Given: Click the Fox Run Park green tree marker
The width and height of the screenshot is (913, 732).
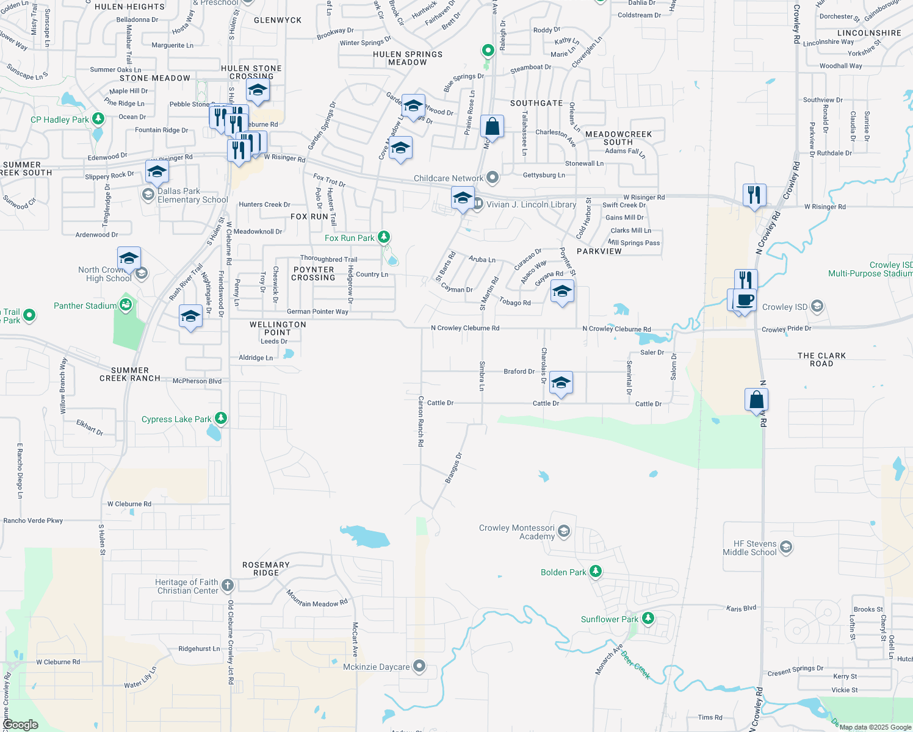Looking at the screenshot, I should (384, 237).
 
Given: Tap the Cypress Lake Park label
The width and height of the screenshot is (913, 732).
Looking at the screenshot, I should (176, 420).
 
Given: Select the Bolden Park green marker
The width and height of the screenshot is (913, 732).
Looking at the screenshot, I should (596, 572).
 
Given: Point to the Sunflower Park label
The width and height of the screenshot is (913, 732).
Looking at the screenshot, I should (609, 619).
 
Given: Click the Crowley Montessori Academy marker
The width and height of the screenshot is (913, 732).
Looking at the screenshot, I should (564, 531).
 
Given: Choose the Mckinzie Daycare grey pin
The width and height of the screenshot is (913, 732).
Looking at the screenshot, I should (419, 666).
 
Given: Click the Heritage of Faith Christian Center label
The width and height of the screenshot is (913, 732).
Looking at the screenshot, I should (187, 586).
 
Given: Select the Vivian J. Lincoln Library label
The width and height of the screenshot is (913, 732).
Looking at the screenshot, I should (531, 204).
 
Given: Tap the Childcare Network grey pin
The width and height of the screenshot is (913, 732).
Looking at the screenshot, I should (493, 178).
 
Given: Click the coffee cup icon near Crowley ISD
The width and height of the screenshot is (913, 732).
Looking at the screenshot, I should (745, 301).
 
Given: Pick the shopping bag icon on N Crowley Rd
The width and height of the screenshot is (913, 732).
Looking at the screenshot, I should (756, 400).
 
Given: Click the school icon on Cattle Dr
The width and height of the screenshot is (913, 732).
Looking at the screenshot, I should (561, 383).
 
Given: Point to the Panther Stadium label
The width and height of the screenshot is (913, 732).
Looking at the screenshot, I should (85, 306).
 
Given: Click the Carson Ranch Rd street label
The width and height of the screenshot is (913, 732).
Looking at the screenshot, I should (420, 421).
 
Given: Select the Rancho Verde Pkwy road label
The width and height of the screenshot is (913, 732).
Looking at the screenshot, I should (33, 520).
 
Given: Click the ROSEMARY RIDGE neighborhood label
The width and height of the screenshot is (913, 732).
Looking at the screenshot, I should (266, 569).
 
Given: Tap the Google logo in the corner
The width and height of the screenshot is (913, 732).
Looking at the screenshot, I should (20, 725).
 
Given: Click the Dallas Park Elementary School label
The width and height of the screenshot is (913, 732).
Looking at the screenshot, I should (193, 195).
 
